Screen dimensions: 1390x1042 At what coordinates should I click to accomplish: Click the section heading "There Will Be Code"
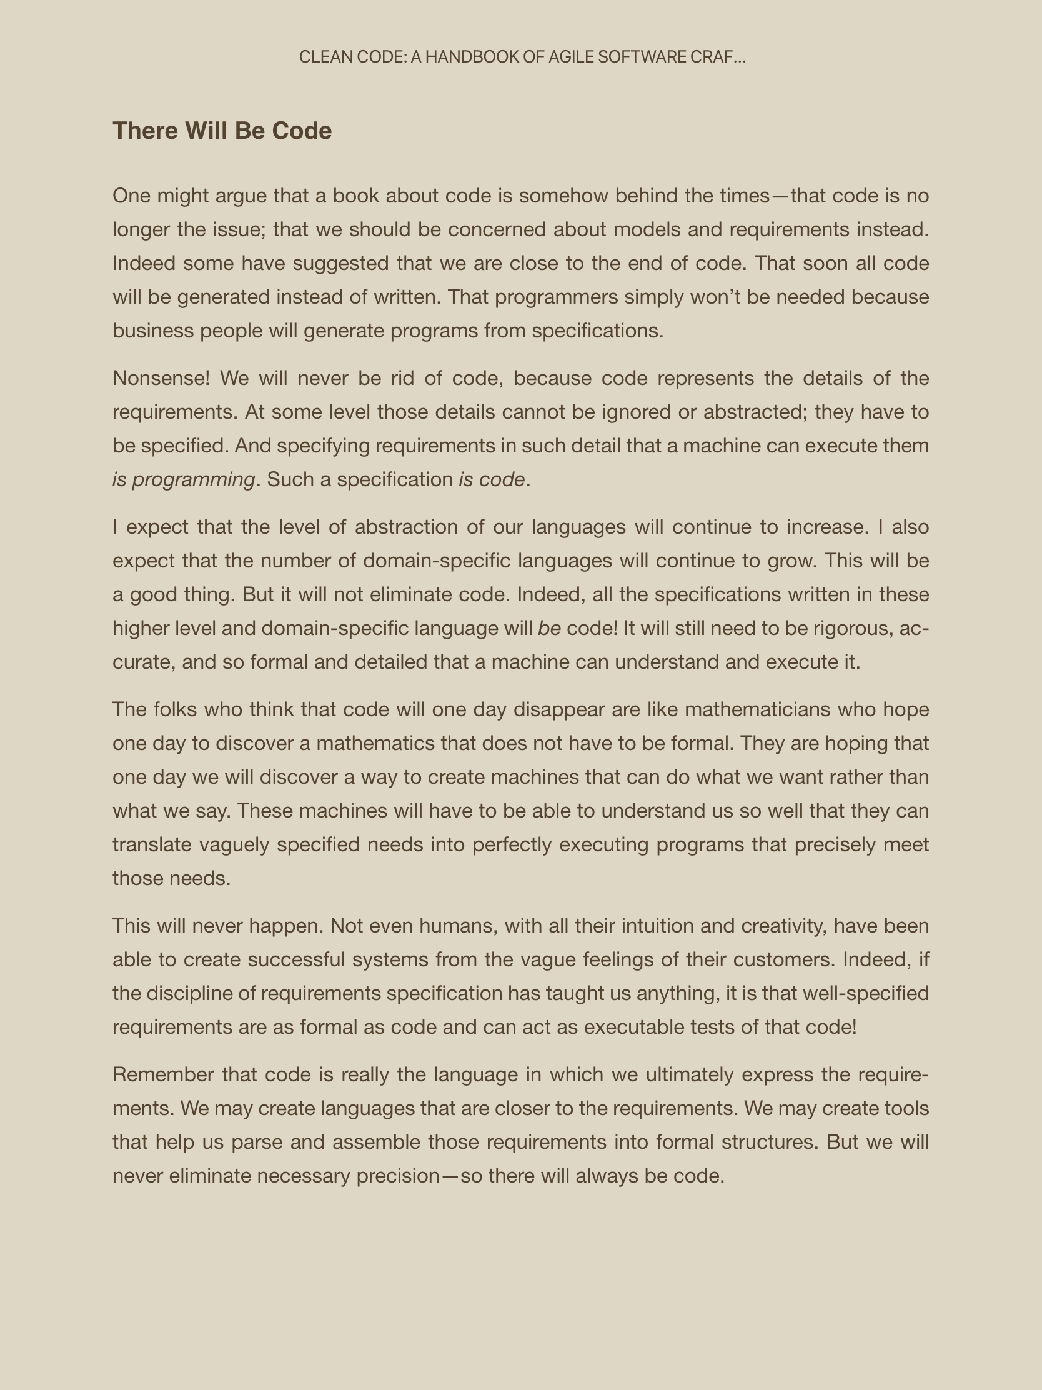222,131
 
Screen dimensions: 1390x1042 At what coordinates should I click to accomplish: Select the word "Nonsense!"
161,378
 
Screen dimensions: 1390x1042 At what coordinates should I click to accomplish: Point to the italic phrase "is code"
491,479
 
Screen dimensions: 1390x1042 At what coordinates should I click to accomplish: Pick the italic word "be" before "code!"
549,628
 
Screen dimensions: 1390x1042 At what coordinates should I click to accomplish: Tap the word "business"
152,331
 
